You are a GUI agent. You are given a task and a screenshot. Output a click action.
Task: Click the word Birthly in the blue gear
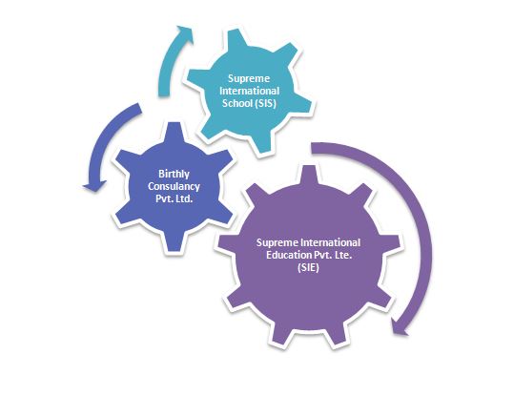[174, 174]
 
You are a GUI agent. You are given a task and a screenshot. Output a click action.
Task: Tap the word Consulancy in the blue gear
[174, 186]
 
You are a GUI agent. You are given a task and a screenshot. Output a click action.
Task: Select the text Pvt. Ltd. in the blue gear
[174, 198]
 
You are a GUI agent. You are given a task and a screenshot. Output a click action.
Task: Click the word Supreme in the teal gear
[249, 79]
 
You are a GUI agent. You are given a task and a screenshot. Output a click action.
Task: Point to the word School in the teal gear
[237, 103]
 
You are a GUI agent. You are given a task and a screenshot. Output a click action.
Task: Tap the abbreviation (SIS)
[265, 103]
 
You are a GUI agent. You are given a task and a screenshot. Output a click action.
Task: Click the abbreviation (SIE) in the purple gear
[309, 267]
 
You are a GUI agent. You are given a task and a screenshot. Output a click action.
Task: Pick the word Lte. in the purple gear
[343, 255]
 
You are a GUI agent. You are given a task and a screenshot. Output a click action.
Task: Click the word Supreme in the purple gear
[277, 242]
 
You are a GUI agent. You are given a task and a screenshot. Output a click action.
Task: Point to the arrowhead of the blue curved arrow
[95, 186]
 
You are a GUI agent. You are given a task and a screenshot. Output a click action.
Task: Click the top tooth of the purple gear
[309, 175]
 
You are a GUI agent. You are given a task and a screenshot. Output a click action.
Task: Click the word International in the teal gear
[249, 91]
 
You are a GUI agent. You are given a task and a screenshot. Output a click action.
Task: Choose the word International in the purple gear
[331, 242]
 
